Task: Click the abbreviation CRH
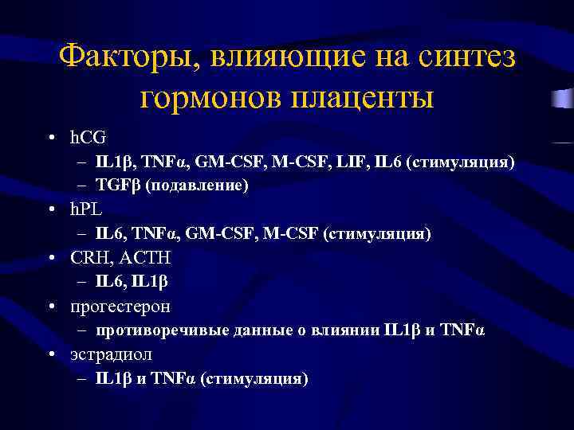pyautogui.click(x=91, y=258)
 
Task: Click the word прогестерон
pyautogui.click(x=120, y=307)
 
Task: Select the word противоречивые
pyautogui.click(x=155, y=330)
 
